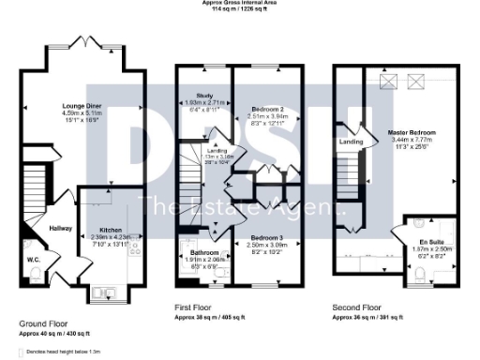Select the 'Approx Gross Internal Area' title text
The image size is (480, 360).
click(x=240, y=3)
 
